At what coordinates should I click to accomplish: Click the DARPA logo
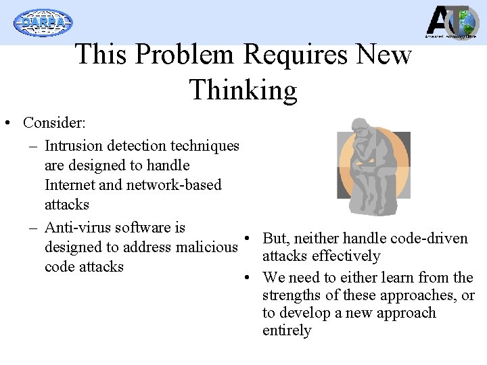coord(43,22)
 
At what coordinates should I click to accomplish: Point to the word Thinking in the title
coord(243,90)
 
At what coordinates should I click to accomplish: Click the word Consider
coord(51,123)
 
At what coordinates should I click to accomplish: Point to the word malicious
coord(207,247)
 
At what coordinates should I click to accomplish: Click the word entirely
coord(287,331)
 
